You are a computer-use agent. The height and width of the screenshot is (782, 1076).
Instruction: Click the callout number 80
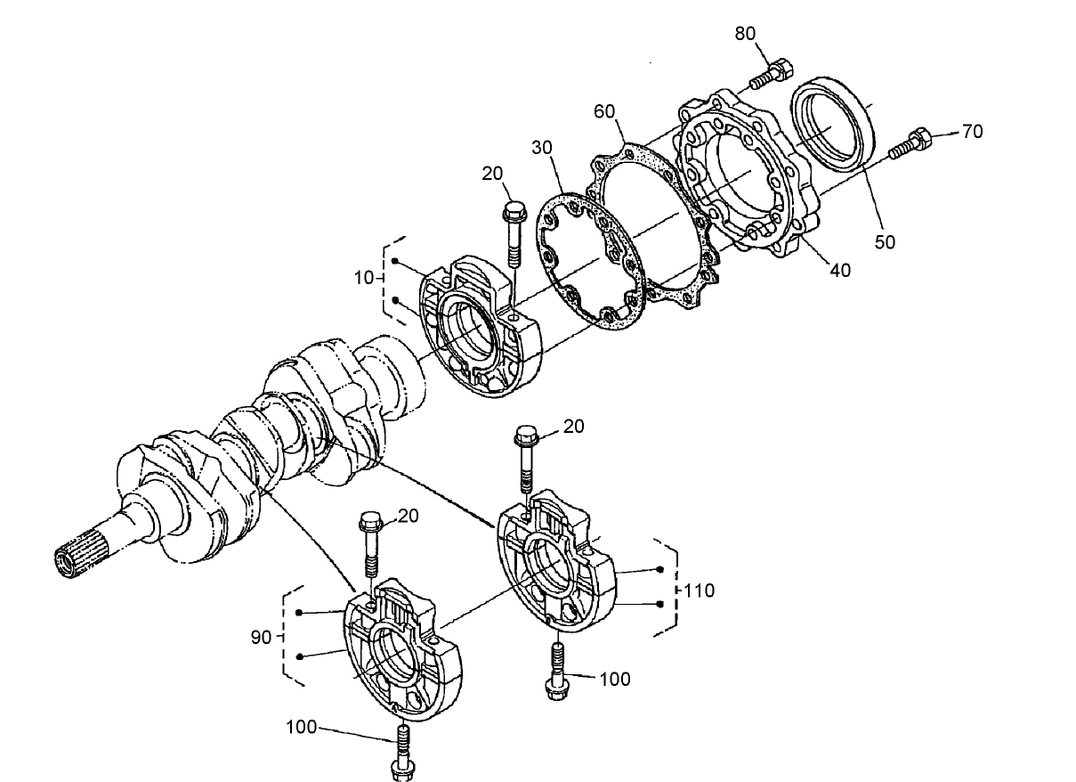(745, 34)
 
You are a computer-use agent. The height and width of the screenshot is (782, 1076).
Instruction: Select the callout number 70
(972, 132)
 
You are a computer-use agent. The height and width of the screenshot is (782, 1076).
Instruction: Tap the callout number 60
(605, 111)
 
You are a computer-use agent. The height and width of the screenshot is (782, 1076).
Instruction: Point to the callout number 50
(884, 241)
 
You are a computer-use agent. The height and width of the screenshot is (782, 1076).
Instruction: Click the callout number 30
(543, 147)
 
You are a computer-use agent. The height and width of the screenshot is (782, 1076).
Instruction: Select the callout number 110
(700, 590)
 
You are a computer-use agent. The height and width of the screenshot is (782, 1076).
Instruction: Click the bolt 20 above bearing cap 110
(525, 458)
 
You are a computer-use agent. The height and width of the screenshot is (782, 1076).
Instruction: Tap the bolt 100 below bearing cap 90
(400, 753)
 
